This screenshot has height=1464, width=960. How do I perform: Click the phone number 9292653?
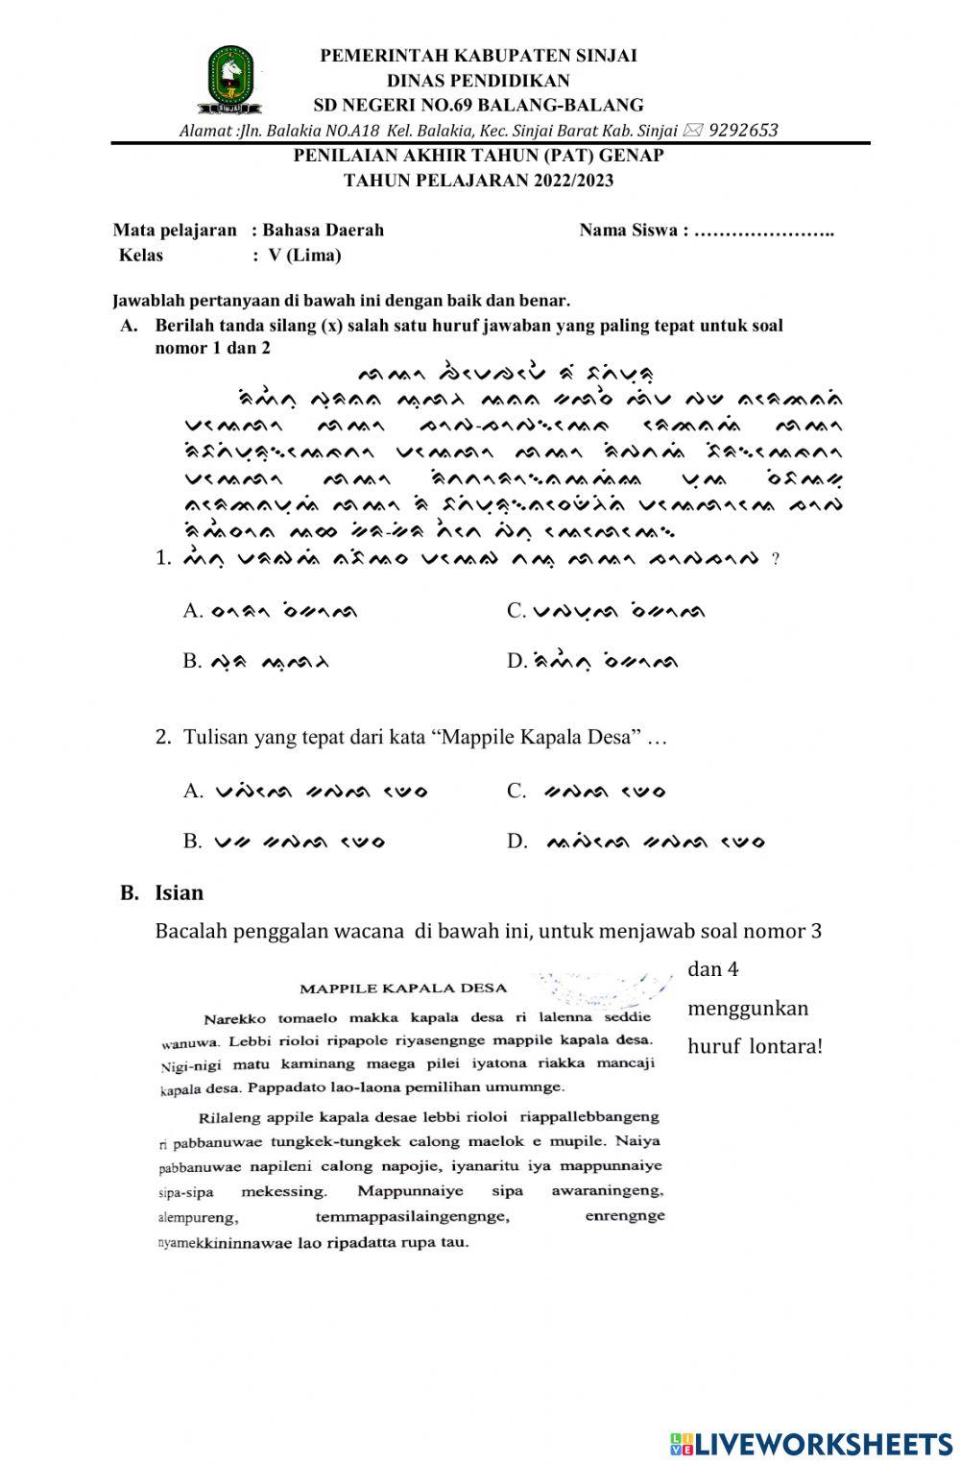point(743,130)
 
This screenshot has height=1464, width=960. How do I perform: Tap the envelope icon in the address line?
point(693,130)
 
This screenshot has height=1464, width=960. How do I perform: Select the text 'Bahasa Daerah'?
point(324,230)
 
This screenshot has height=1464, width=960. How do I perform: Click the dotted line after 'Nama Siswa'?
point(764,231)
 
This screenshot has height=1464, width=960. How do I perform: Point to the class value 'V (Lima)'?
point(304,256)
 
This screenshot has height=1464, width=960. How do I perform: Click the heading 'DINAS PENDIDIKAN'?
point(478,81)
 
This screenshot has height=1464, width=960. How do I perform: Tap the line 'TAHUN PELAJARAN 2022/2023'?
point(478,180)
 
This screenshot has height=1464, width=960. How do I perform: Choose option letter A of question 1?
point(191,611)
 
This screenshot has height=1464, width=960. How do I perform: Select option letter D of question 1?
point(516,661)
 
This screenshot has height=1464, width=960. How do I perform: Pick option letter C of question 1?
point(516,611)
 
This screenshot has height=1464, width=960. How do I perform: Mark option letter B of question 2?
point(191,842)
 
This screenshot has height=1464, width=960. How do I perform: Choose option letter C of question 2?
point(516,791)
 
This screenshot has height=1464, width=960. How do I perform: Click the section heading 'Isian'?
point(180,892)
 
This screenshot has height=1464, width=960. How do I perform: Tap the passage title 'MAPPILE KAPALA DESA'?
point(403,988)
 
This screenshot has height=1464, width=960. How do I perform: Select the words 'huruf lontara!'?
point(755,1046)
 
